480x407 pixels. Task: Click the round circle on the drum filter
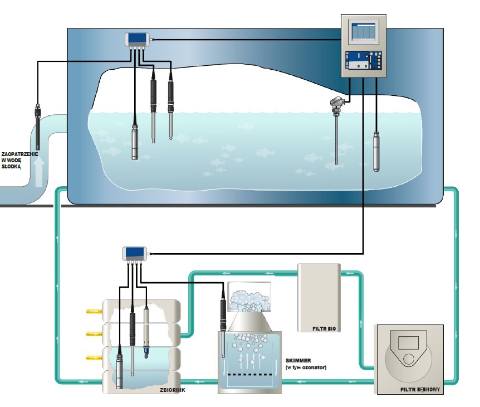coord(409,360)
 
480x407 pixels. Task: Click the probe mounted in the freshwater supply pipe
coord(37,126)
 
